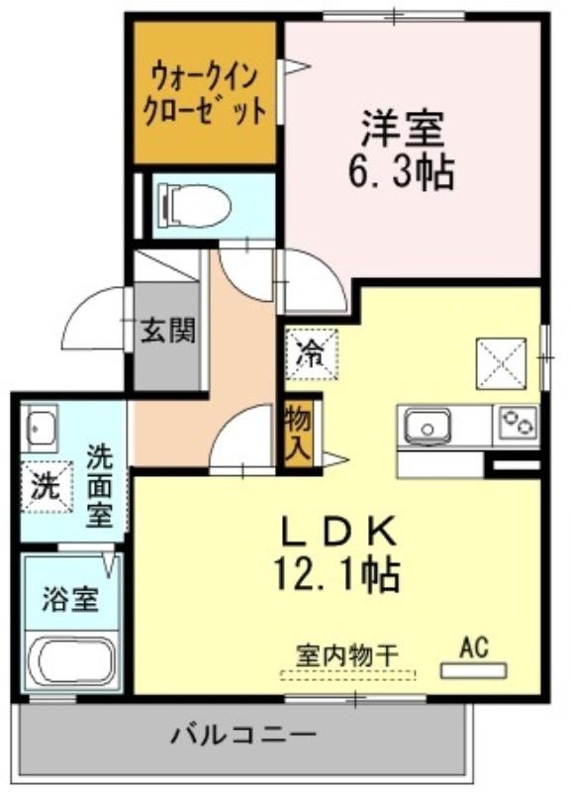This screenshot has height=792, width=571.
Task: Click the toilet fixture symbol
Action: point(194,206)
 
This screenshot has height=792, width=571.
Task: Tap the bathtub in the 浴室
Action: point(72,661)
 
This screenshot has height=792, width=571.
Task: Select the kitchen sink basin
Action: point(428,427)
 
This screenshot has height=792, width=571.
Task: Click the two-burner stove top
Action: point(519,423)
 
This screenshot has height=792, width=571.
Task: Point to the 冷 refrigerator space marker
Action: point(312,353)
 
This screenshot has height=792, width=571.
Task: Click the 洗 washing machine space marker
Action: point(46,487)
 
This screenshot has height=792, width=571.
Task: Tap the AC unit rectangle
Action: point(474,670)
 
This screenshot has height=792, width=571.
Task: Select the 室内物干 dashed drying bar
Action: point(348,674)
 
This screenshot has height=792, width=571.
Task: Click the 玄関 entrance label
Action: point(167,331)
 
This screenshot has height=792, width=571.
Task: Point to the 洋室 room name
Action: point(403,128)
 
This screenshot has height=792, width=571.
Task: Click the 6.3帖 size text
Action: point(402,171)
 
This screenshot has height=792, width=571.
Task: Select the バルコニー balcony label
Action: point(243,735)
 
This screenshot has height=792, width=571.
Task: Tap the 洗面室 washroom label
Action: point(100,486)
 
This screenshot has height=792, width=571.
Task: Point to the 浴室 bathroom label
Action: point(70,599)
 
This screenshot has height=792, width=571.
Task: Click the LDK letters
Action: point(336,532)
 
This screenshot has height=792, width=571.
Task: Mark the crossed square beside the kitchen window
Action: point(501,363)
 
